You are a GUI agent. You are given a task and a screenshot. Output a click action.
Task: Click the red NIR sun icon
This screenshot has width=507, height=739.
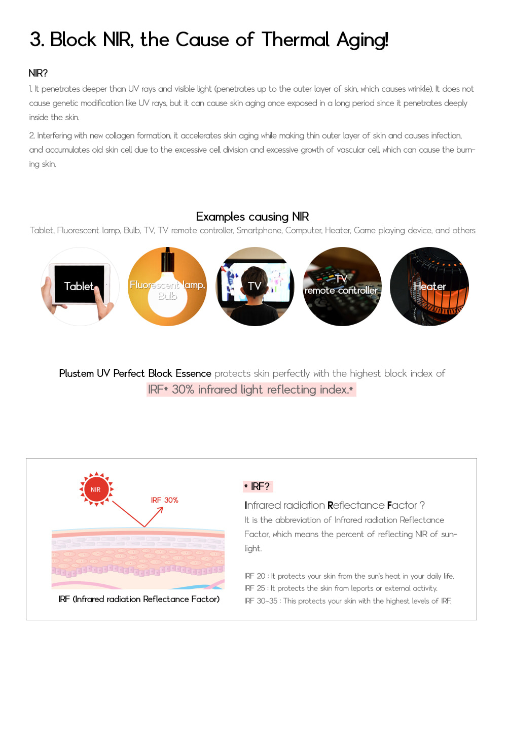pyautogui.click(x=96, y=489)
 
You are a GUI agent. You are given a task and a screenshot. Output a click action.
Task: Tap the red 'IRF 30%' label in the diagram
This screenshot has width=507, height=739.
pyautogui.click(x=164, y=500)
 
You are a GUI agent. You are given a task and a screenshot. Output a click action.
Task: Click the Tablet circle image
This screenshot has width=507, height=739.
pyautogui.click(x=80, y=287)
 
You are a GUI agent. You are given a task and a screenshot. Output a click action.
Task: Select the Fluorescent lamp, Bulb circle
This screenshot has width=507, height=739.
pyautogui.click(x=167, y=287)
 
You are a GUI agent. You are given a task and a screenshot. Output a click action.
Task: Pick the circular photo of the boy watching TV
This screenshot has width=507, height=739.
pyautogui.click(x=255, y=287)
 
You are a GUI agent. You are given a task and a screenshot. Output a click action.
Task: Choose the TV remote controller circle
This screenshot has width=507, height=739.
pyautogui.click(x=342, y=287)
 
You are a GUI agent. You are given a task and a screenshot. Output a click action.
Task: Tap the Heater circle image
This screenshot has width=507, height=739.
pyautogui.click(x=429, y=287)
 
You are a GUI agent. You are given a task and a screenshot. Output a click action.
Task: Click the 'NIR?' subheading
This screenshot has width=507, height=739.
pyautogui.click(x=38, y=73)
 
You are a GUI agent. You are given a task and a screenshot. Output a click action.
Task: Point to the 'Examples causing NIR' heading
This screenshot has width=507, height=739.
pyautogui.click(x=252, y=217)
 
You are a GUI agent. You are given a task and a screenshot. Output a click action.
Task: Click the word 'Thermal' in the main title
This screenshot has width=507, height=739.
pyautogui.click(x=295, y=40)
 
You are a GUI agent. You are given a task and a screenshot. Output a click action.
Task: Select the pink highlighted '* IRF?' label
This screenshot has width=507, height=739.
pyautogui.click(x=258, y=486)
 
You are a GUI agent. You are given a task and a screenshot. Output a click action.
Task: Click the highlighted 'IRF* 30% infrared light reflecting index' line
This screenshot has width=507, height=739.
pyautogui.click(x=251, y=390)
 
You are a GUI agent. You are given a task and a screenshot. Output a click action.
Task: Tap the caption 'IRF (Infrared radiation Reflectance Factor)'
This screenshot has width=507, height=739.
pyautogui.click(x=139, y=599)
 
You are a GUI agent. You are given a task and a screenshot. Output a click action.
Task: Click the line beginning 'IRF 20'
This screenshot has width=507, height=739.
pyautogui.click(x=349, y=576)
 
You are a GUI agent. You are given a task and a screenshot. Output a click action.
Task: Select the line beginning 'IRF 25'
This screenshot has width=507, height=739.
pyautogui.click(x=341, y=588)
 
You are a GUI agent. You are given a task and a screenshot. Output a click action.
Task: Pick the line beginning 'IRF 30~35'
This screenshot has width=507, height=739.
pyautogui.click(x=348, y=601)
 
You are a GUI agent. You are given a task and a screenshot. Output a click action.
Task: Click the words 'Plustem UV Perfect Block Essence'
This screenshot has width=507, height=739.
pyautogui.click(x=135, y=374)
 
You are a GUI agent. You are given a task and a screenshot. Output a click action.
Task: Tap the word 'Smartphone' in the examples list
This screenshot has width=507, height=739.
pyautogui.click(x=259, y=230)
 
